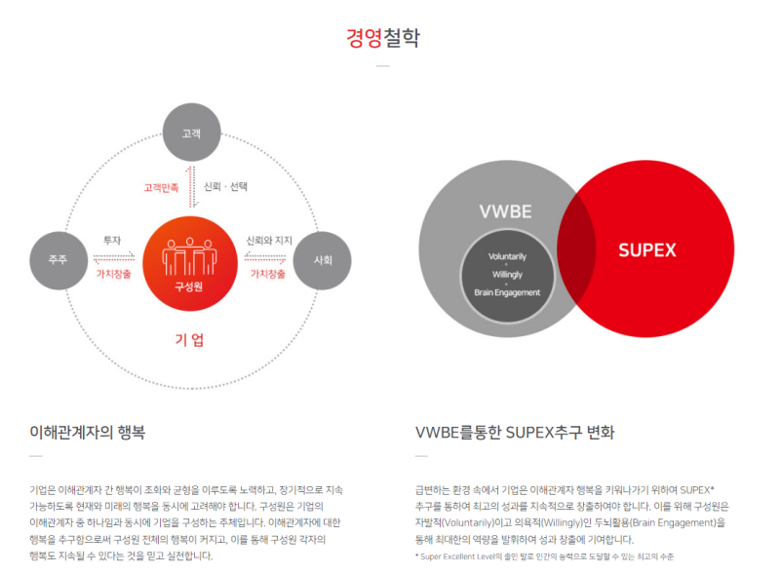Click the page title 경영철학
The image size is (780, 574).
[x=382, y=38]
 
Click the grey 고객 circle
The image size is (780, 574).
[x=191, y=133]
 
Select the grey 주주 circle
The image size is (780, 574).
[x=58, y=260]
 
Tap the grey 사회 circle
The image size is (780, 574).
[x=323, y=260]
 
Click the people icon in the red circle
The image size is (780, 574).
[x=189, y=256]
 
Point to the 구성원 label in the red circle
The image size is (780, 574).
[x=188, y=287]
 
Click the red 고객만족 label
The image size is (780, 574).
[x=161, y=188]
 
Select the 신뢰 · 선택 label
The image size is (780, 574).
[x=225, y=186]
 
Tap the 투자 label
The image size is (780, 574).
[x=112, y=241]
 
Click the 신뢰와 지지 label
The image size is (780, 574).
[x=269, y=241]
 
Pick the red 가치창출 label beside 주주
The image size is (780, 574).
[x=113, y=274]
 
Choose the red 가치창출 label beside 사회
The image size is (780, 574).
[x=267, y=274]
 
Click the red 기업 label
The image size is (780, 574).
[x=189, y=340]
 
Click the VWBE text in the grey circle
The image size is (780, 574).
[x=505, y=211]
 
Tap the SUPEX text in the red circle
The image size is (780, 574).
[x=647, y=249]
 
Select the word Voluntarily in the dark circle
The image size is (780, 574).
[x=507, y=256]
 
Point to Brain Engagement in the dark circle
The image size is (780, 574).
[x=507, y=292]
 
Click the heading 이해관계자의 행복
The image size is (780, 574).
[x=88, y=432]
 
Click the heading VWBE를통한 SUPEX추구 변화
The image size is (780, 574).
[x=515, y=432]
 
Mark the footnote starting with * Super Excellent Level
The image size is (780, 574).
[x=544, y=556]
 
